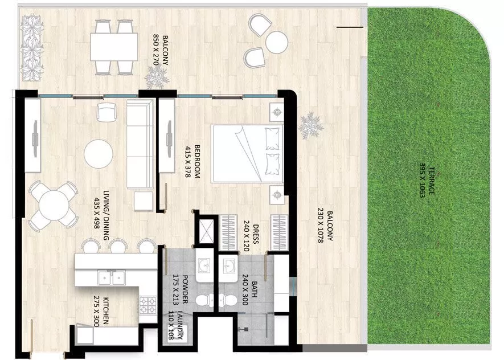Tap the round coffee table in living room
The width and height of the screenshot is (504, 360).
click(x=99, y=153)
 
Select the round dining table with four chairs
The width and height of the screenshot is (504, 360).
click(x=52, y=204)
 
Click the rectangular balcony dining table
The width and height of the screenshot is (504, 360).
click(x=114, y=47)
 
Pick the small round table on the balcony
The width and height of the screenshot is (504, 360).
click(x=277, y=41)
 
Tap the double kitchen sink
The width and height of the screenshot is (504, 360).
click(x=112, y=278)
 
